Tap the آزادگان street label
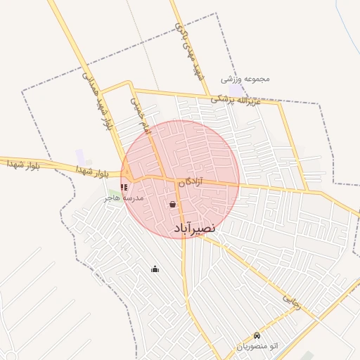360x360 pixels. click(190, 181)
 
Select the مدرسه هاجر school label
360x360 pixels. click(124, 198)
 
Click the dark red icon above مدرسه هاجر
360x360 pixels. click(124, 188)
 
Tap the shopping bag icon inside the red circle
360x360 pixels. click(172, 205)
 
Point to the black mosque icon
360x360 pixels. click(155, 269)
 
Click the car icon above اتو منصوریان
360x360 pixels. click(257, 336)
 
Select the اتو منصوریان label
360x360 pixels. click(257, 346)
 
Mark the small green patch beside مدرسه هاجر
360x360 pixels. click(113, 192)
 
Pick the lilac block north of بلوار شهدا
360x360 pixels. click(80, 157)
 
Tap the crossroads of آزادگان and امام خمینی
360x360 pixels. click(167, 177)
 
